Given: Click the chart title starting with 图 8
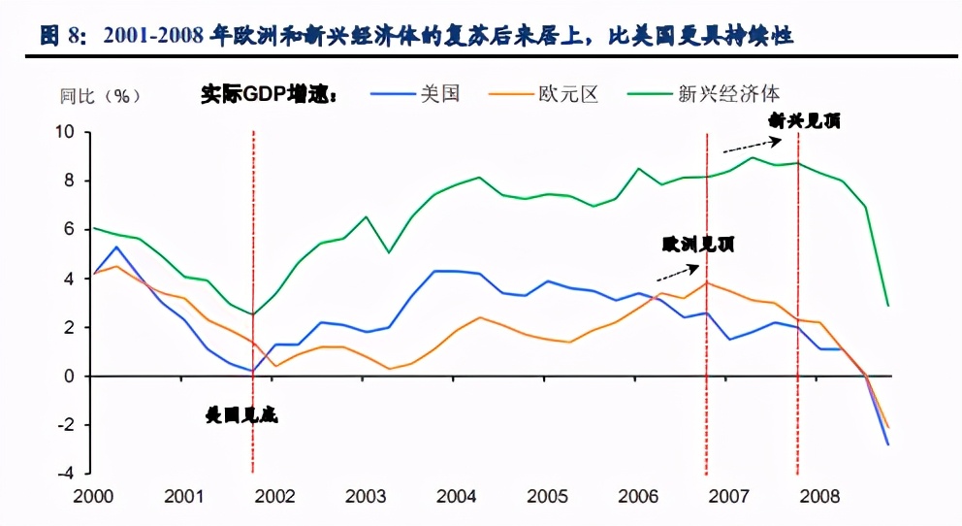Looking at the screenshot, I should tap(417, 37).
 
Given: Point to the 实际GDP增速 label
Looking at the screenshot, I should tap(269, 95).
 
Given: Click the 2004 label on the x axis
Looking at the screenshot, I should tap(455, 497).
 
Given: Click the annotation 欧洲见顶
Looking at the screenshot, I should tap(698, 244).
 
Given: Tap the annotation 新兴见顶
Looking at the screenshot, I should tap(804, 121).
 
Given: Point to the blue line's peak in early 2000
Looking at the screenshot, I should tap(116, 247).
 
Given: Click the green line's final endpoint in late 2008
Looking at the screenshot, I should tap(887, 306).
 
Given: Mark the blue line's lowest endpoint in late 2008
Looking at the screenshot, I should tap(887, 444).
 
